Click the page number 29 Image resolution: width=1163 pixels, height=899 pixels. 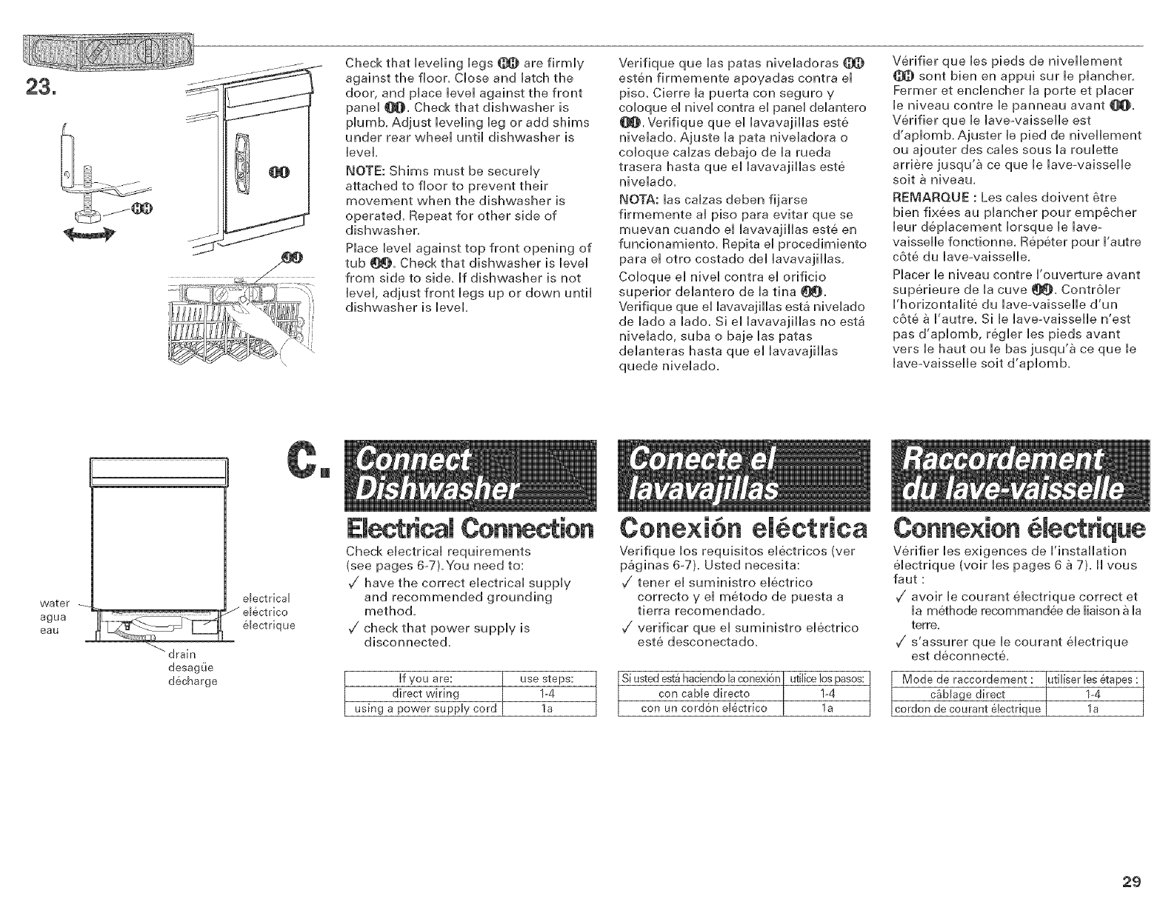pos(1130,880)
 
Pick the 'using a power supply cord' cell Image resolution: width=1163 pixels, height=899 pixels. pos(424,709)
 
